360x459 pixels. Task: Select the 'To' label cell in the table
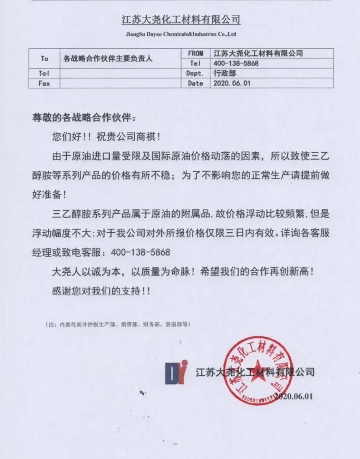click(44, 58)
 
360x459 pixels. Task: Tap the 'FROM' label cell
click(195, 53)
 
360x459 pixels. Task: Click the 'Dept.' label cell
click(195, 74)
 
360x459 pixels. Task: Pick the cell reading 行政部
click(224, 74)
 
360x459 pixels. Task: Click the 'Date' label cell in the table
click(195, 83)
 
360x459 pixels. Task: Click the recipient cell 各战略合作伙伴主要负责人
click(108, 59)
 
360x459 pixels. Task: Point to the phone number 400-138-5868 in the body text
click(137, 252)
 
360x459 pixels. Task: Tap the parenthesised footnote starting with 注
click(117, 325)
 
